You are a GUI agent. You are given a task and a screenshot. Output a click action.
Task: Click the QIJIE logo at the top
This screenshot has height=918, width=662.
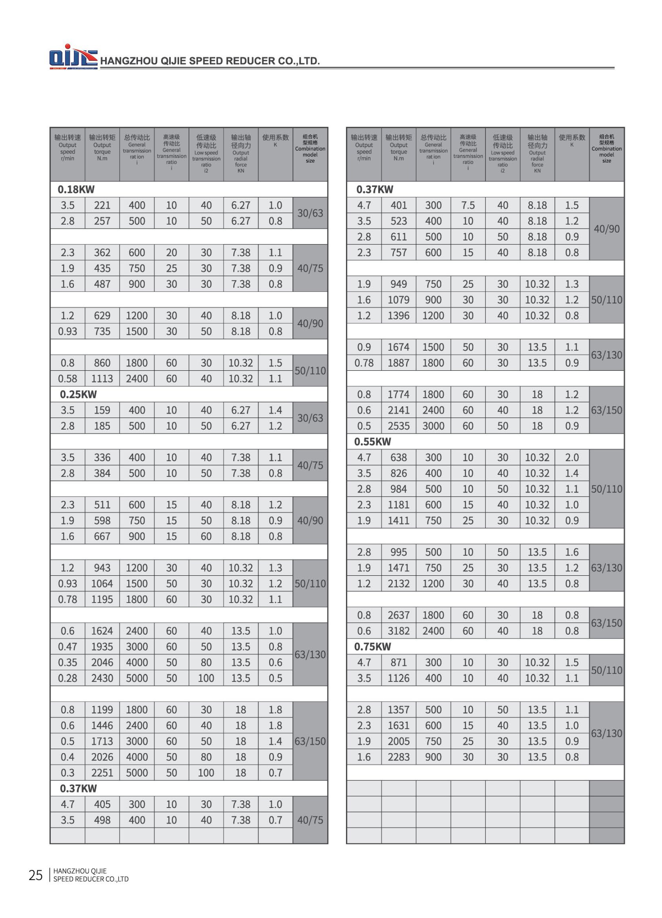click(x=73, y=57)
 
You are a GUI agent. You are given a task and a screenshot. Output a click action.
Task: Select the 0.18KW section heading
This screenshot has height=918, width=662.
click(x=76, y=190)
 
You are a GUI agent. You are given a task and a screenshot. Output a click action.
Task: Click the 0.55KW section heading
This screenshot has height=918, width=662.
click(x=373, y=442)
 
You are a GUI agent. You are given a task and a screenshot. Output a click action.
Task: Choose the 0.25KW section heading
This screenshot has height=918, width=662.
click(x=78, y=394)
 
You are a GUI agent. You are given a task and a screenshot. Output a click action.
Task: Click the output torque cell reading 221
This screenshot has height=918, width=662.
click(x=102, y=205)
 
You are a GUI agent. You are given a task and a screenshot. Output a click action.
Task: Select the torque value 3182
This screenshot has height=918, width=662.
click(x=398, y=631)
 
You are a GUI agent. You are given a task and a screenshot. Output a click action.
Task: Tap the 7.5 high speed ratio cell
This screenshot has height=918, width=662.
click(x=468, y=205)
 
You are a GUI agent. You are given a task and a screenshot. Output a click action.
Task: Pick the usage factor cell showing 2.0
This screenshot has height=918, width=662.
click(x=572, y=458)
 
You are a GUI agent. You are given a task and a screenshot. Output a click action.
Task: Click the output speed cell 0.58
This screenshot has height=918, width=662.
click(x=68, y=379)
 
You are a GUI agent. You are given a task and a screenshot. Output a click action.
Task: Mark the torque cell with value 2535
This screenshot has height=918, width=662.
click(x=398, y=426)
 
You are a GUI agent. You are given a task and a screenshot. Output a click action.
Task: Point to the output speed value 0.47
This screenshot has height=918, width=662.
click(x=68, y=647)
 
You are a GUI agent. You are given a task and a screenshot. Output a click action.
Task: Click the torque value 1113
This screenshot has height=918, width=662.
click(x=102, y=379)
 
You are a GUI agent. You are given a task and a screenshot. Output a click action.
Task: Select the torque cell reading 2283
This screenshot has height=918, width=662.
click(x=398, y=757)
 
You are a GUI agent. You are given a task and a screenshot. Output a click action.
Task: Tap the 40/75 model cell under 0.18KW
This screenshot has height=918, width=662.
click(x=310, y=268)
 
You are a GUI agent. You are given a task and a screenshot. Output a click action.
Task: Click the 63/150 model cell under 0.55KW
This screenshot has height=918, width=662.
click(x=606, y=623)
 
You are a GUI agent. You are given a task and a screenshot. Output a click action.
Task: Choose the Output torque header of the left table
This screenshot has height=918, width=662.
click(x=102, y=148)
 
